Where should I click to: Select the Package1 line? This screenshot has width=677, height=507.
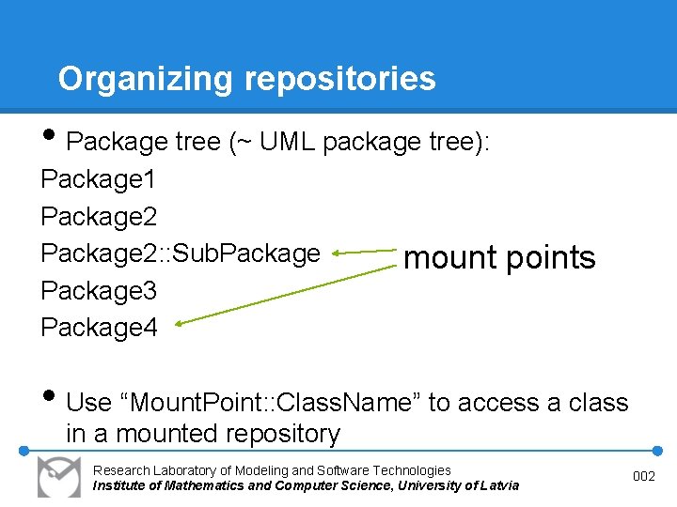tap(99, 178)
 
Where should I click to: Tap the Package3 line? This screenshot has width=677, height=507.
tap(99, 291)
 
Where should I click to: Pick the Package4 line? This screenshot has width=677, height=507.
tap(99, 328)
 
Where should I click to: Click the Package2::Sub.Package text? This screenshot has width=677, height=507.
tap(181, 253)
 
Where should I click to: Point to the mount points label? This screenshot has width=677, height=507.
tap(498, 257)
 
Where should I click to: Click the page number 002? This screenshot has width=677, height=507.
tap(644, 477)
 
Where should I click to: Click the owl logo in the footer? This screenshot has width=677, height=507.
tap(58, 477)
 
